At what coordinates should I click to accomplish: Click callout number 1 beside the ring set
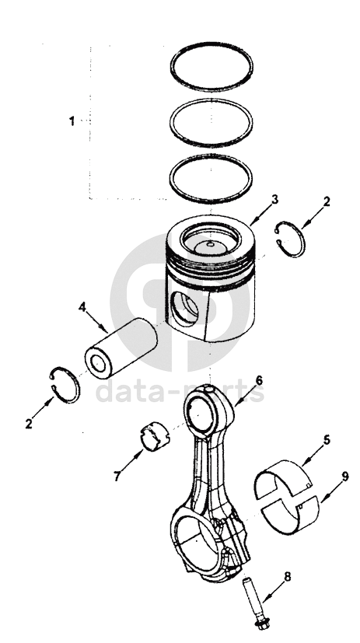[x=72, y=121]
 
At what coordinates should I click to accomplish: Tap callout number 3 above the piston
[x=274, y=199]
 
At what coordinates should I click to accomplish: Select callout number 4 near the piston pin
[x=82, y=306]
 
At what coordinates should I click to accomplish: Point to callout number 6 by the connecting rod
[x=259, y=380]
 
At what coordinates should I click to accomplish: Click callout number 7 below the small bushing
[x=117, y=476]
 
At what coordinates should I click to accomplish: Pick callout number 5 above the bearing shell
[x=327, y=440]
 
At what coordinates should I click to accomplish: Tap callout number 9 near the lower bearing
[x=344, y=477]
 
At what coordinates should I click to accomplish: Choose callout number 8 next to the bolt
[x=288, y=577]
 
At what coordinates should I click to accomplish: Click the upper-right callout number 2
[x=327, y=201]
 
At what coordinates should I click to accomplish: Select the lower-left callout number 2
[x=28, y=424]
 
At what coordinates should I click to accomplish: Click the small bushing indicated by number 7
[x=155, y=436]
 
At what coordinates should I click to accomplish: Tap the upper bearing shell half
[x=283, y=476]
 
